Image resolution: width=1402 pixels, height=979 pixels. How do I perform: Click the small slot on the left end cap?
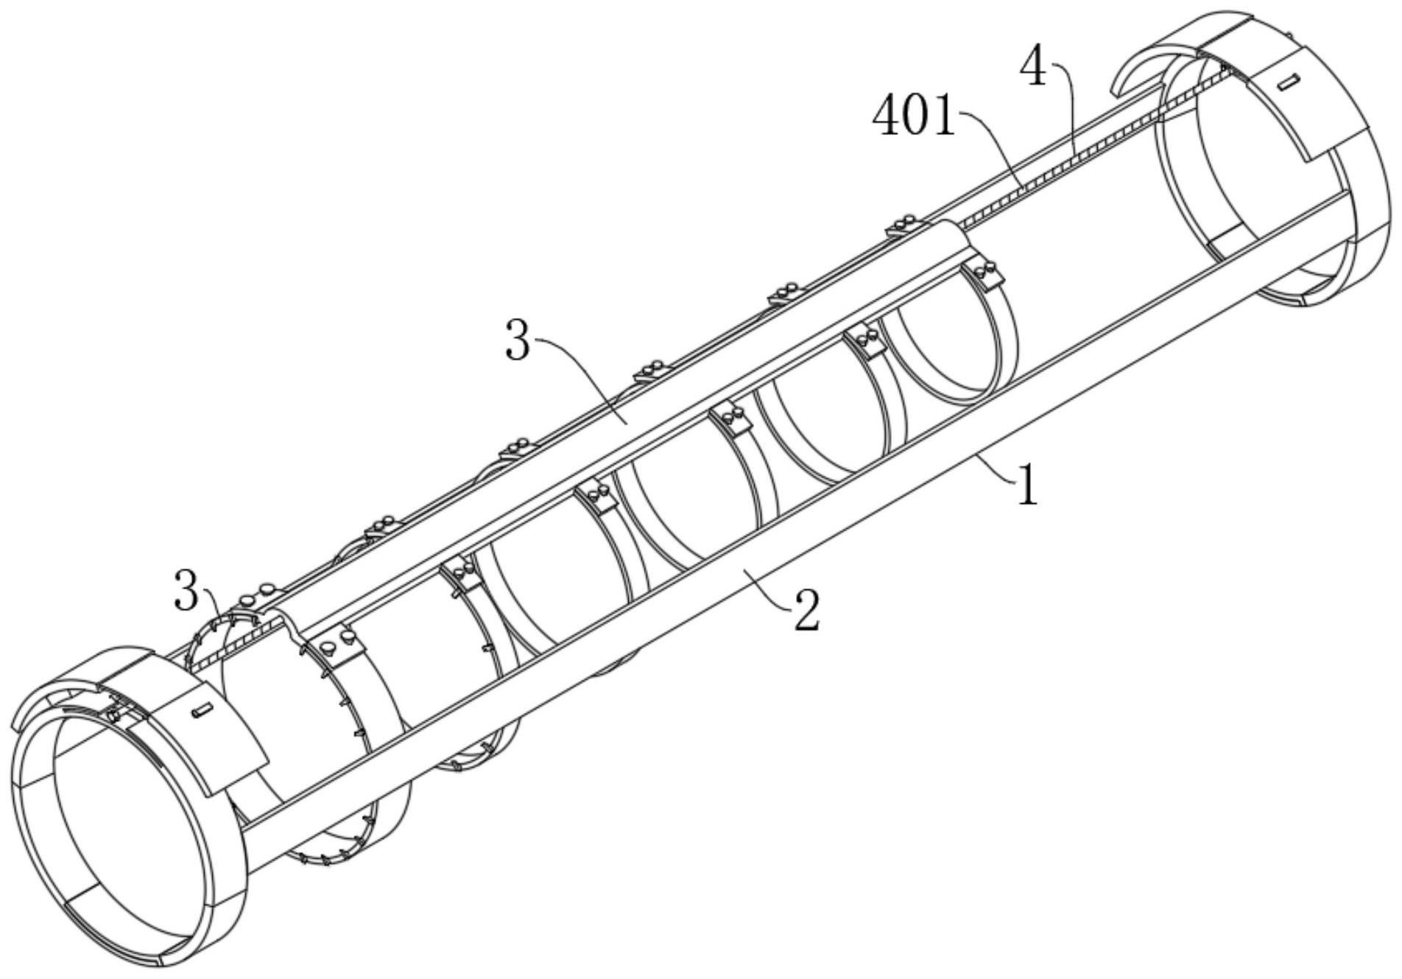201,711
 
